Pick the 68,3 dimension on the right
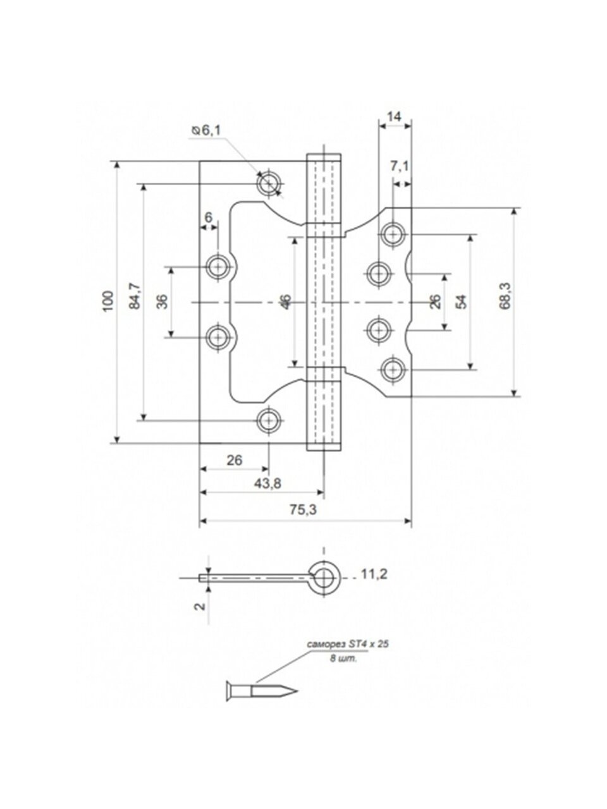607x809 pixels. [504, 296]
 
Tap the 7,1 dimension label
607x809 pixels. [400, 166]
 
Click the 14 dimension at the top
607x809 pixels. [394, 116]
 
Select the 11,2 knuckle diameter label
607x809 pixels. [374, 574]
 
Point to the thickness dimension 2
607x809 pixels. [199, 605]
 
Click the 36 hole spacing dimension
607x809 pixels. [162, 301]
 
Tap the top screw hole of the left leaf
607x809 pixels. [268, 183]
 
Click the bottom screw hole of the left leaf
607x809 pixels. [269, 419]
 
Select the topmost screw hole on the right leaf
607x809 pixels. [393, 234]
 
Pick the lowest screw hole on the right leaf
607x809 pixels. [393, 368]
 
